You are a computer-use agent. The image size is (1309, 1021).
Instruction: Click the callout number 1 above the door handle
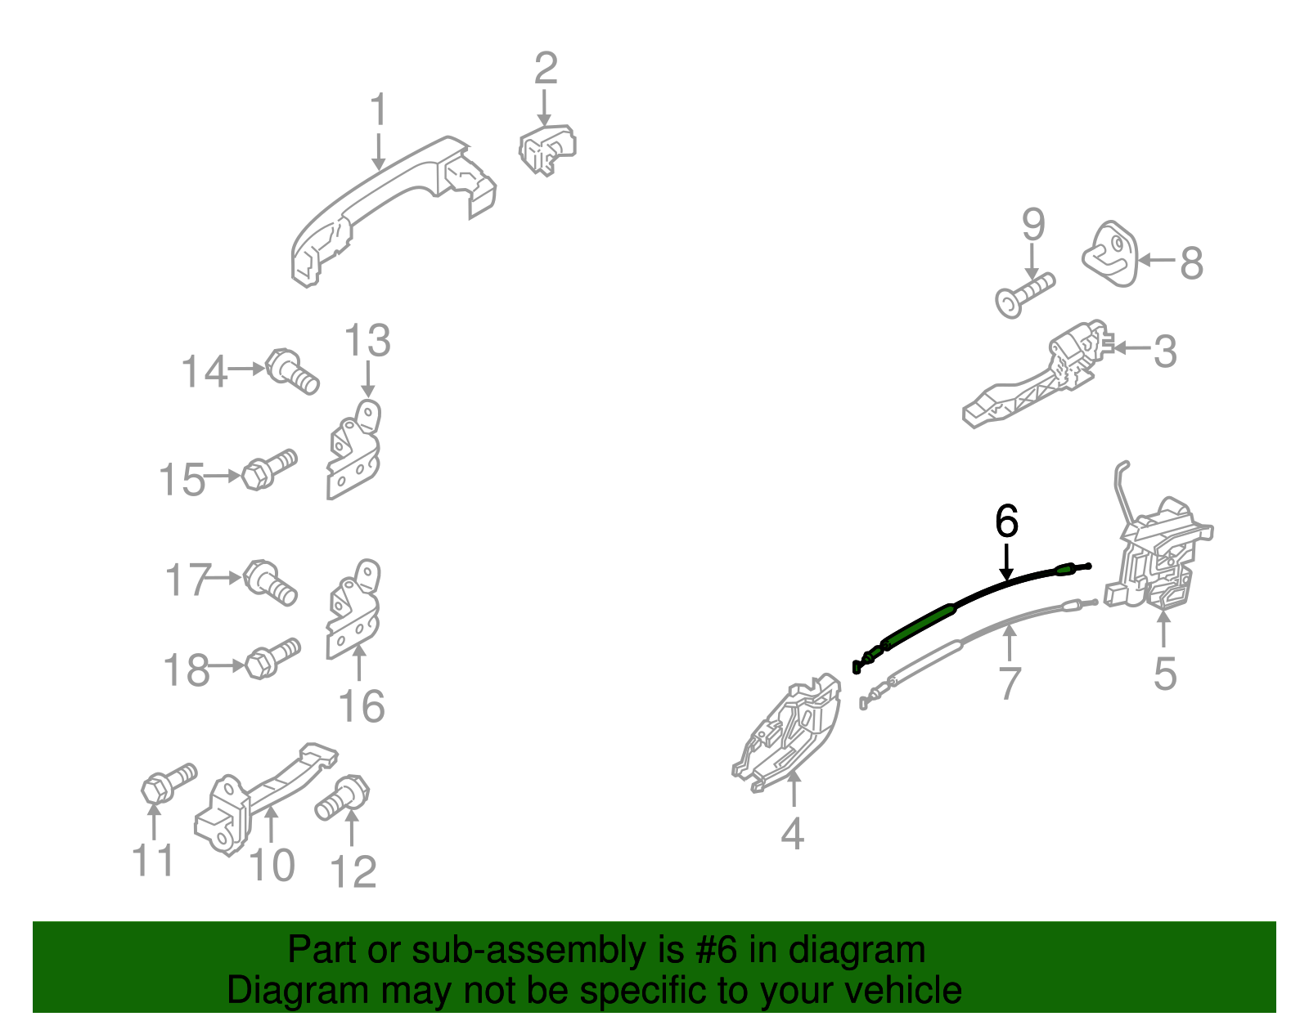(x=378, y=110)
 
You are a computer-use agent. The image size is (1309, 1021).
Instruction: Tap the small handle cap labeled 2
(x=547, y=150)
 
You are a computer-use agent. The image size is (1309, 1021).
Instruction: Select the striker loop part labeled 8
(x=1109, y=254)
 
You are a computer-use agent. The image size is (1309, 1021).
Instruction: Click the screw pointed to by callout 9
(x=1024, y=295)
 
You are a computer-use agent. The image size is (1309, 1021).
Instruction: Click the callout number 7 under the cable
(x=1010, y=683)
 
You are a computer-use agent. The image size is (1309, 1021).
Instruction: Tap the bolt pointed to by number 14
(x=292, y=371)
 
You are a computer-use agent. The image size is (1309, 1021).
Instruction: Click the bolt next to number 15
(x=268, y=470)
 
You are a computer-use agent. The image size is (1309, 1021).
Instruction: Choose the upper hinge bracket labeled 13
(x=353, y=450)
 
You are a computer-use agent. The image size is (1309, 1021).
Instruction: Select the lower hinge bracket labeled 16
(x=353, y=609)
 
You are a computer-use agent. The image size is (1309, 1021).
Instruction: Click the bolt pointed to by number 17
(x=270, y=582)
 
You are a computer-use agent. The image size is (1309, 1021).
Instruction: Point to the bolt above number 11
(x=169, y=783)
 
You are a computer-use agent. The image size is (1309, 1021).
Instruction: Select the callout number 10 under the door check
(x=272, y=865)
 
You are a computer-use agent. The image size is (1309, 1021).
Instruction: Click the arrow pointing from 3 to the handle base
(x=1132, y=347)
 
